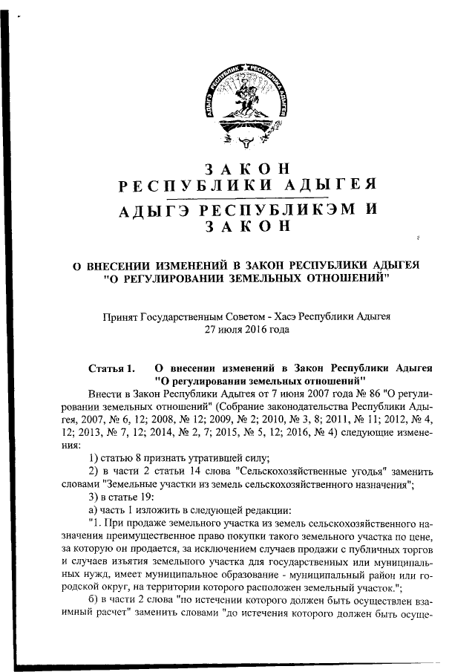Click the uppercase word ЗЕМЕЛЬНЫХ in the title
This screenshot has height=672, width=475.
pos(286,278)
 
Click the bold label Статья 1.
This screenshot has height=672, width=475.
pos(112,368)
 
